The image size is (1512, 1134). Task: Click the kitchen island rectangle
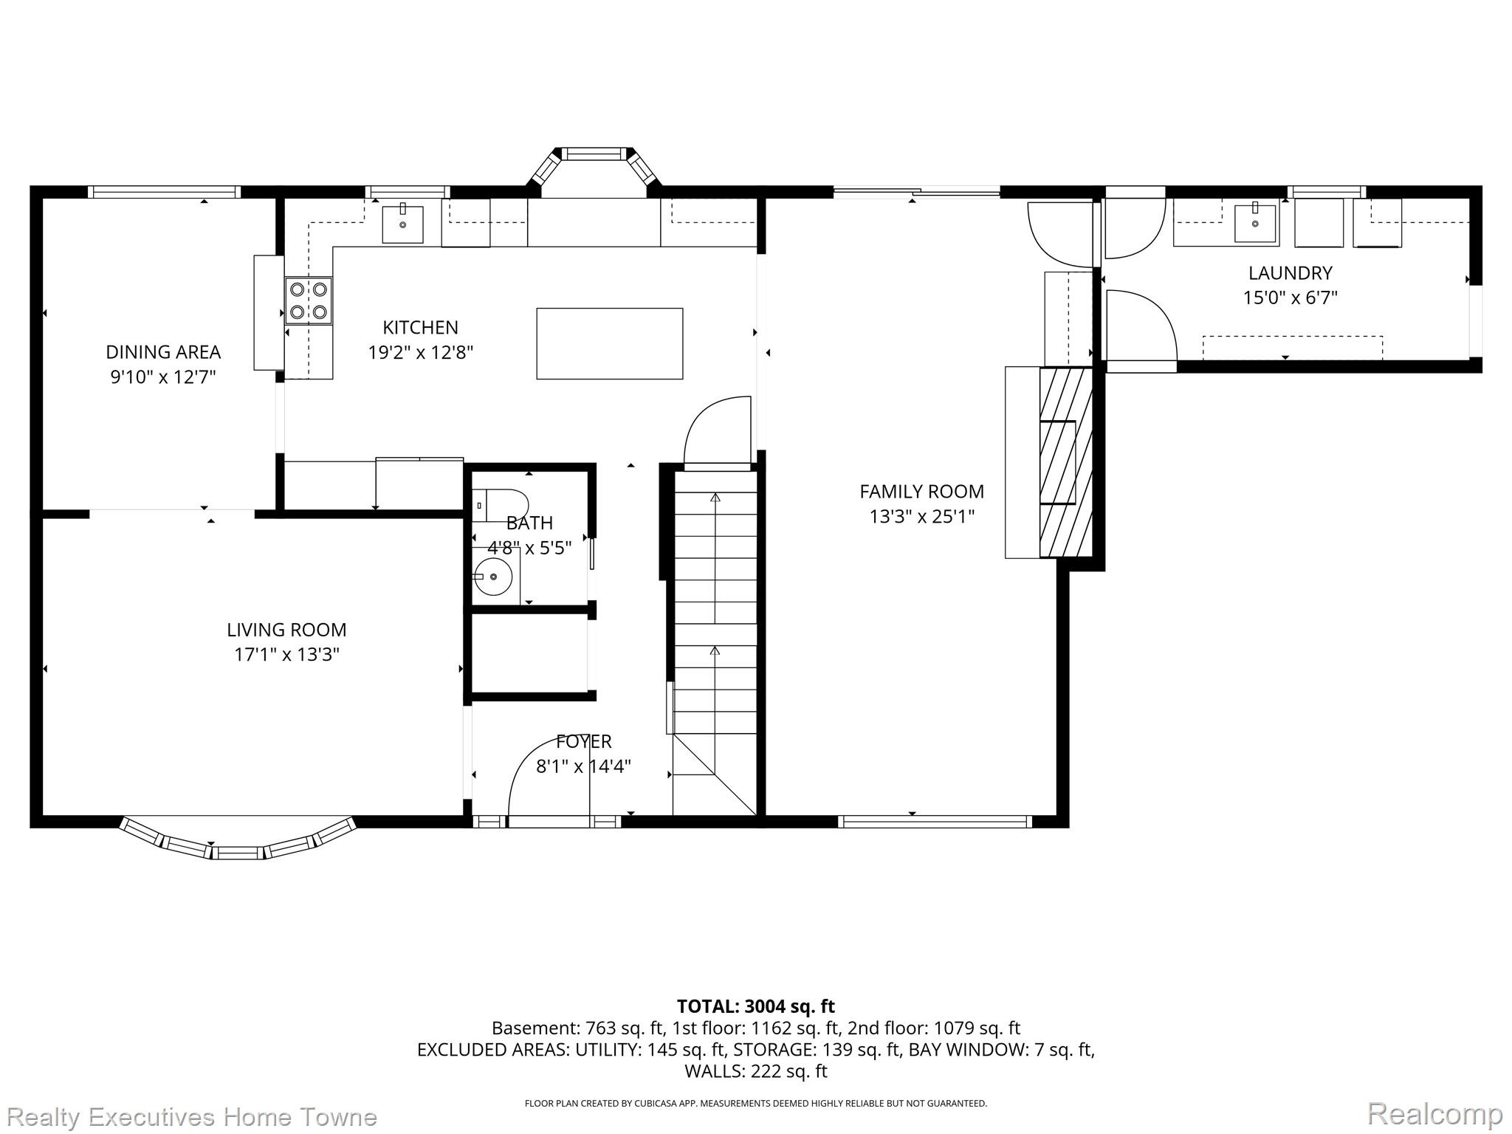(x=609, y=344)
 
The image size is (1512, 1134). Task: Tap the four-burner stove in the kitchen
(x=309, y=300)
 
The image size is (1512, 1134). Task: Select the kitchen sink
(x=403, y=224)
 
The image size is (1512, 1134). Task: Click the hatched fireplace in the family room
(x=1065, y=462)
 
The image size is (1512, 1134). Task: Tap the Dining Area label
(x=163, y=352)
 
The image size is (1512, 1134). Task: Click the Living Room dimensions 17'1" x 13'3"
(x=286, y=655)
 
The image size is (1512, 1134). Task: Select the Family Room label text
(x=921, y=492)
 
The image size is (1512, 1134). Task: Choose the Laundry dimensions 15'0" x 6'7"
(x=1291, y=298)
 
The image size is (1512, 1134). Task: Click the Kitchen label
(x=420, y=327)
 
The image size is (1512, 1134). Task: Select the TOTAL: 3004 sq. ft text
(x=756, y=1006)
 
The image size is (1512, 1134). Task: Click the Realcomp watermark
(x=1434, y=1113)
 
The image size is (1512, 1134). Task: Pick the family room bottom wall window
(x=934, y=821)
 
